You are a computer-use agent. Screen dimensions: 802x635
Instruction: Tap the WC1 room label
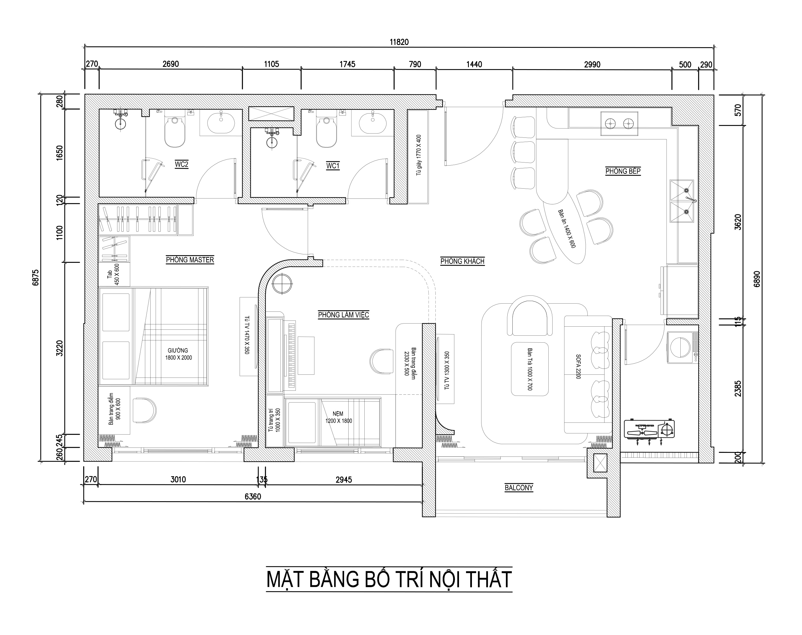coord(333,166)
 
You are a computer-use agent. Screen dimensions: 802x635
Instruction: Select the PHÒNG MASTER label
coord(190,259)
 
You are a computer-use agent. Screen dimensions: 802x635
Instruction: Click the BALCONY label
coord(519,487)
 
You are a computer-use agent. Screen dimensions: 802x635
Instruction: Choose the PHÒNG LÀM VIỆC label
coord(344,315)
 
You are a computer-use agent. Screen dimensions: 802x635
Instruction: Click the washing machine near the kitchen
coord(682,348)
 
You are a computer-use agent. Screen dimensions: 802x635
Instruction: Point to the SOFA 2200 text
coord(578,366)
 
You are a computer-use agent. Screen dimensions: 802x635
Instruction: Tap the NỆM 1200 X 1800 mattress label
coord(339,417)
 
